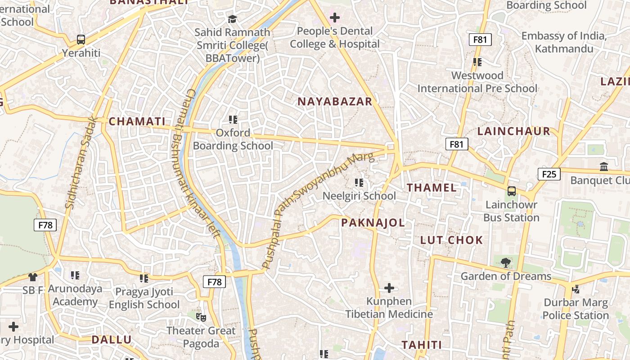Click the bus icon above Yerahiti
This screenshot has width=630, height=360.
pyautogui.click(x=81, y=40)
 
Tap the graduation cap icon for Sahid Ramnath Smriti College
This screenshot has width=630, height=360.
pyautogui.click(x=232, y=19)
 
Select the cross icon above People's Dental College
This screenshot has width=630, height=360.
pyautogui.click(x=334, y=18)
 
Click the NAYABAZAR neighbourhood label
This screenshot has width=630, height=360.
pyautogui.click(x=335, y=102)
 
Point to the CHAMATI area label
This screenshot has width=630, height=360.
pyautogui.click(x=137, y=121)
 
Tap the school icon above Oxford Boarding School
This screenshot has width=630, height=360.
pyautogui.click(x=233, y=119)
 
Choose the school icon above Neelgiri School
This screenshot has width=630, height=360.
pyautogui.click(x=359, y=182)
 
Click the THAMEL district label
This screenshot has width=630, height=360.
pyautogui.click(x=432, y=188)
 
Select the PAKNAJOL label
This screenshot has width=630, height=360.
pyautogui.click(x=373, y=223)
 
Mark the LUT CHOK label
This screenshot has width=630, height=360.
pyautogui.click(x=451, y=240)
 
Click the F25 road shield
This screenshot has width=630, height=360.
pyautogui.click(x=549, y=174)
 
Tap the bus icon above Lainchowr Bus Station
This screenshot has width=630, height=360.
pyautogui.click(x=512, y=191)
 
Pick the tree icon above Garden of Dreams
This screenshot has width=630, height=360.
pyautogui.click(x=506, y=262)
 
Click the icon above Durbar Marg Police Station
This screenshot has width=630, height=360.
pyautogui.click(x=576, y=289)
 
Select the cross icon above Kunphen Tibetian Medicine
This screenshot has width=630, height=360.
pyautogui.click(x=389, y=288)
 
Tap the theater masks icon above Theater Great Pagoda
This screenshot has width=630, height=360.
pyautogui.click(x=201, y=317)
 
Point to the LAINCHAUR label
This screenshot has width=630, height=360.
pyautogui.click(x=514, y=131)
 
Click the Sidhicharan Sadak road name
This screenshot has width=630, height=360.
pyautogui.click(x=81, y=162)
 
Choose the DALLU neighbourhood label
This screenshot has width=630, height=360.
pyautogui.click(x=112, y=340)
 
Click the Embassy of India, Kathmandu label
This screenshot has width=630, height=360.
pyautogui.click(x=564, y=42)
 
